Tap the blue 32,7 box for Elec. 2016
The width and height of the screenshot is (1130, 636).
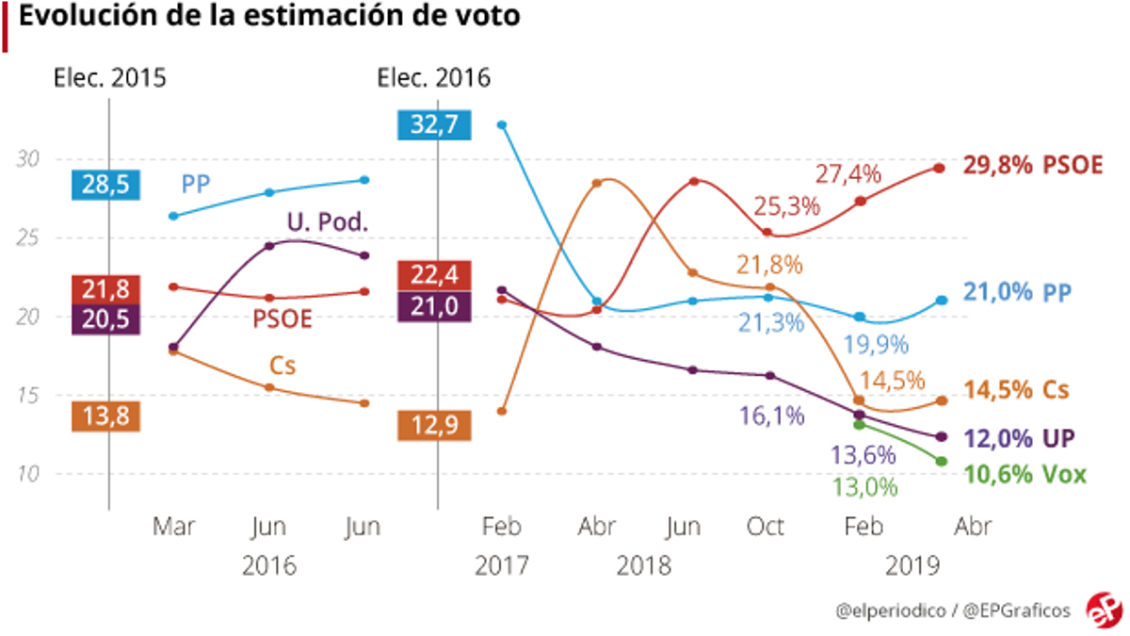click(433, 124)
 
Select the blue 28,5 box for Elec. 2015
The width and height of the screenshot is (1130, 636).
click(106, 185)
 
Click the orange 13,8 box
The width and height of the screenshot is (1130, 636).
click(106, 416)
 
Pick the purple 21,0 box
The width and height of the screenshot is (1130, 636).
click(433, 306)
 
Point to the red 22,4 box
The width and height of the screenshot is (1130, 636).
click(433, 275)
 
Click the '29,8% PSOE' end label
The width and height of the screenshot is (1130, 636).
click(1032, 165)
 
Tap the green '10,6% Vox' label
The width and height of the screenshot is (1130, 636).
click(1024, 475)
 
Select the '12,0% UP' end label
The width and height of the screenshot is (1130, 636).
click(1019, 438)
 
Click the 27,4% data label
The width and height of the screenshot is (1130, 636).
click(848, 173)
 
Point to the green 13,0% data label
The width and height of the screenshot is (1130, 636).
click(864, 487)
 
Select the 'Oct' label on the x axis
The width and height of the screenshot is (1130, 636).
click(766, 527)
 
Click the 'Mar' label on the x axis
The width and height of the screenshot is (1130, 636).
click(174, 527)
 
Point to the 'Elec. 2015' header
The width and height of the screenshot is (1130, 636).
click(109, 78)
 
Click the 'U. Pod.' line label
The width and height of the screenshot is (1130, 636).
click(327, 222)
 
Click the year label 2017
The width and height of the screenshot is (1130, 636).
click(501, 565)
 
